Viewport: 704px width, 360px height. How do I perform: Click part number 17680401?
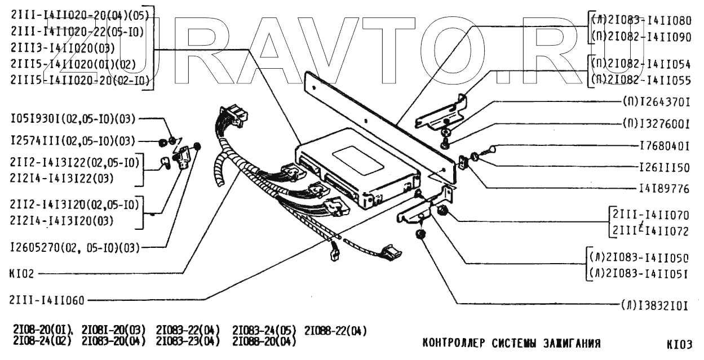coord(665,146)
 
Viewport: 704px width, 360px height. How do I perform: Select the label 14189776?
coord(665,189)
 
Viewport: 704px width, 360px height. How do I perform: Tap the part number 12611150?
coord(665,167)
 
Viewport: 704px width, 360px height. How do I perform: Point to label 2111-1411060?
coord(47,300)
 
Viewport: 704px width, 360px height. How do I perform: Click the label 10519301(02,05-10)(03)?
coord(73,119)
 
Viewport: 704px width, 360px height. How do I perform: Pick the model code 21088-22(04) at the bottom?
coord(335,330)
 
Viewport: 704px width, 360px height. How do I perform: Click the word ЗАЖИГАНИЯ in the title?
coord(569,343)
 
